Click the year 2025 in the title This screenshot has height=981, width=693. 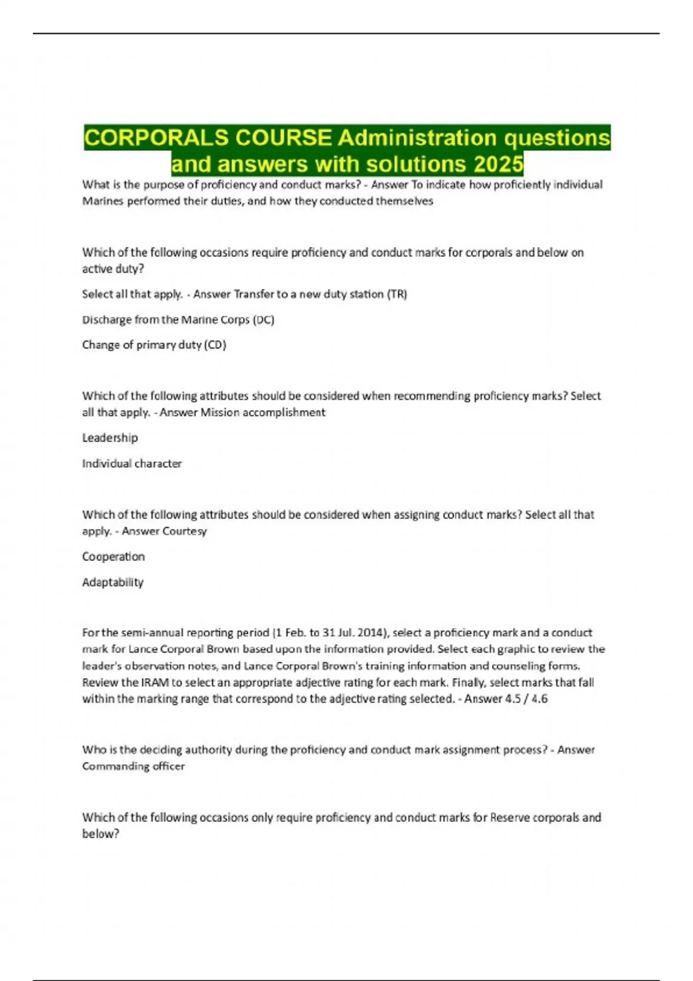[x=498, y=164]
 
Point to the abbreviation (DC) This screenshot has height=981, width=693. [x=263, y=320]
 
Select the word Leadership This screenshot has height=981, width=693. [x=110, y=438]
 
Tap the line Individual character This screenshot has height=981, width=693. [x=132, y=463]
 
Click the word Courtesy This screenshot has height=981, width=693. [x=185, y=531]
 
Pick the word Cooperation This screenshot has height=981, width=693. [x=113, y=557]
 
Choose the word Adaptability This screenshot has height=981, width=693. [x=113, y=582]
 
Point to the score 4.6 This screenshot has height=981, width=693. [x=538, y=699]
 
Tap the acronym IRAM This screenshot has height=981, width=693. [x=157, y=683]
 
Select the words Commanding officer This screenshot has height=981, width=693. [x=133, y=766]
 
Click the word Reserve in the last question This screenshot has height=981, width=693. [x=509, y=818]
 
